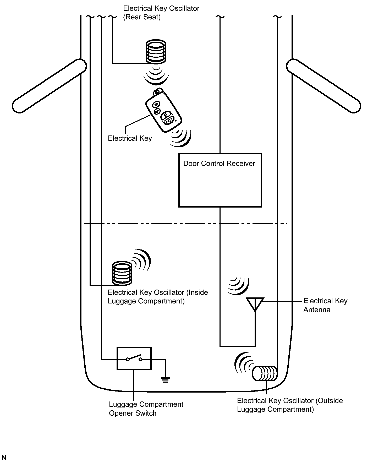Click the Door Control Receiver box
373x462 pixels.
click(x=220, y=180)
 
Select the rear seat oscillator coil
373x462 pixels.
click(x=156, y=52)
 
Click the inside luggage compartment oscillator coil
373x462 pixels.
click(x=122, y=273)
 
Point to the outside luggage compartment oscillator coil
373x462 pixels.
click(x=265, y=373)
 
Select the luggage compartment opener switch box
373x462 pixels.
click(x=134, y=358)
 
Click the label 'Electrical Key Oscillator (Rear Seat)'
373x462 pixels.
click(x=161, y=13)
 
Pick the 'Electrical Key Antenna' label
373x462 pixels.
click(x=325, y=305)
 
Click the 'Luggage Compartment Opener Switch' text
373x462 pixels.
click(x=146, y=409)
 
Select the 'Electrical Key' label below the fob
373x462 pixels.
click(x=130, y=138)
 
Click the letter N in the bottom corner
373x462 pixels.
click(x=4, y=458)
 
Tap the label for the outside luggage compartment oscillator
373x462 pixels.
click(x=290, y=405)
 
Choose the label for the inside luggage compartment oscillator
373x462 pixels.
click(x=158, y=297)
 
